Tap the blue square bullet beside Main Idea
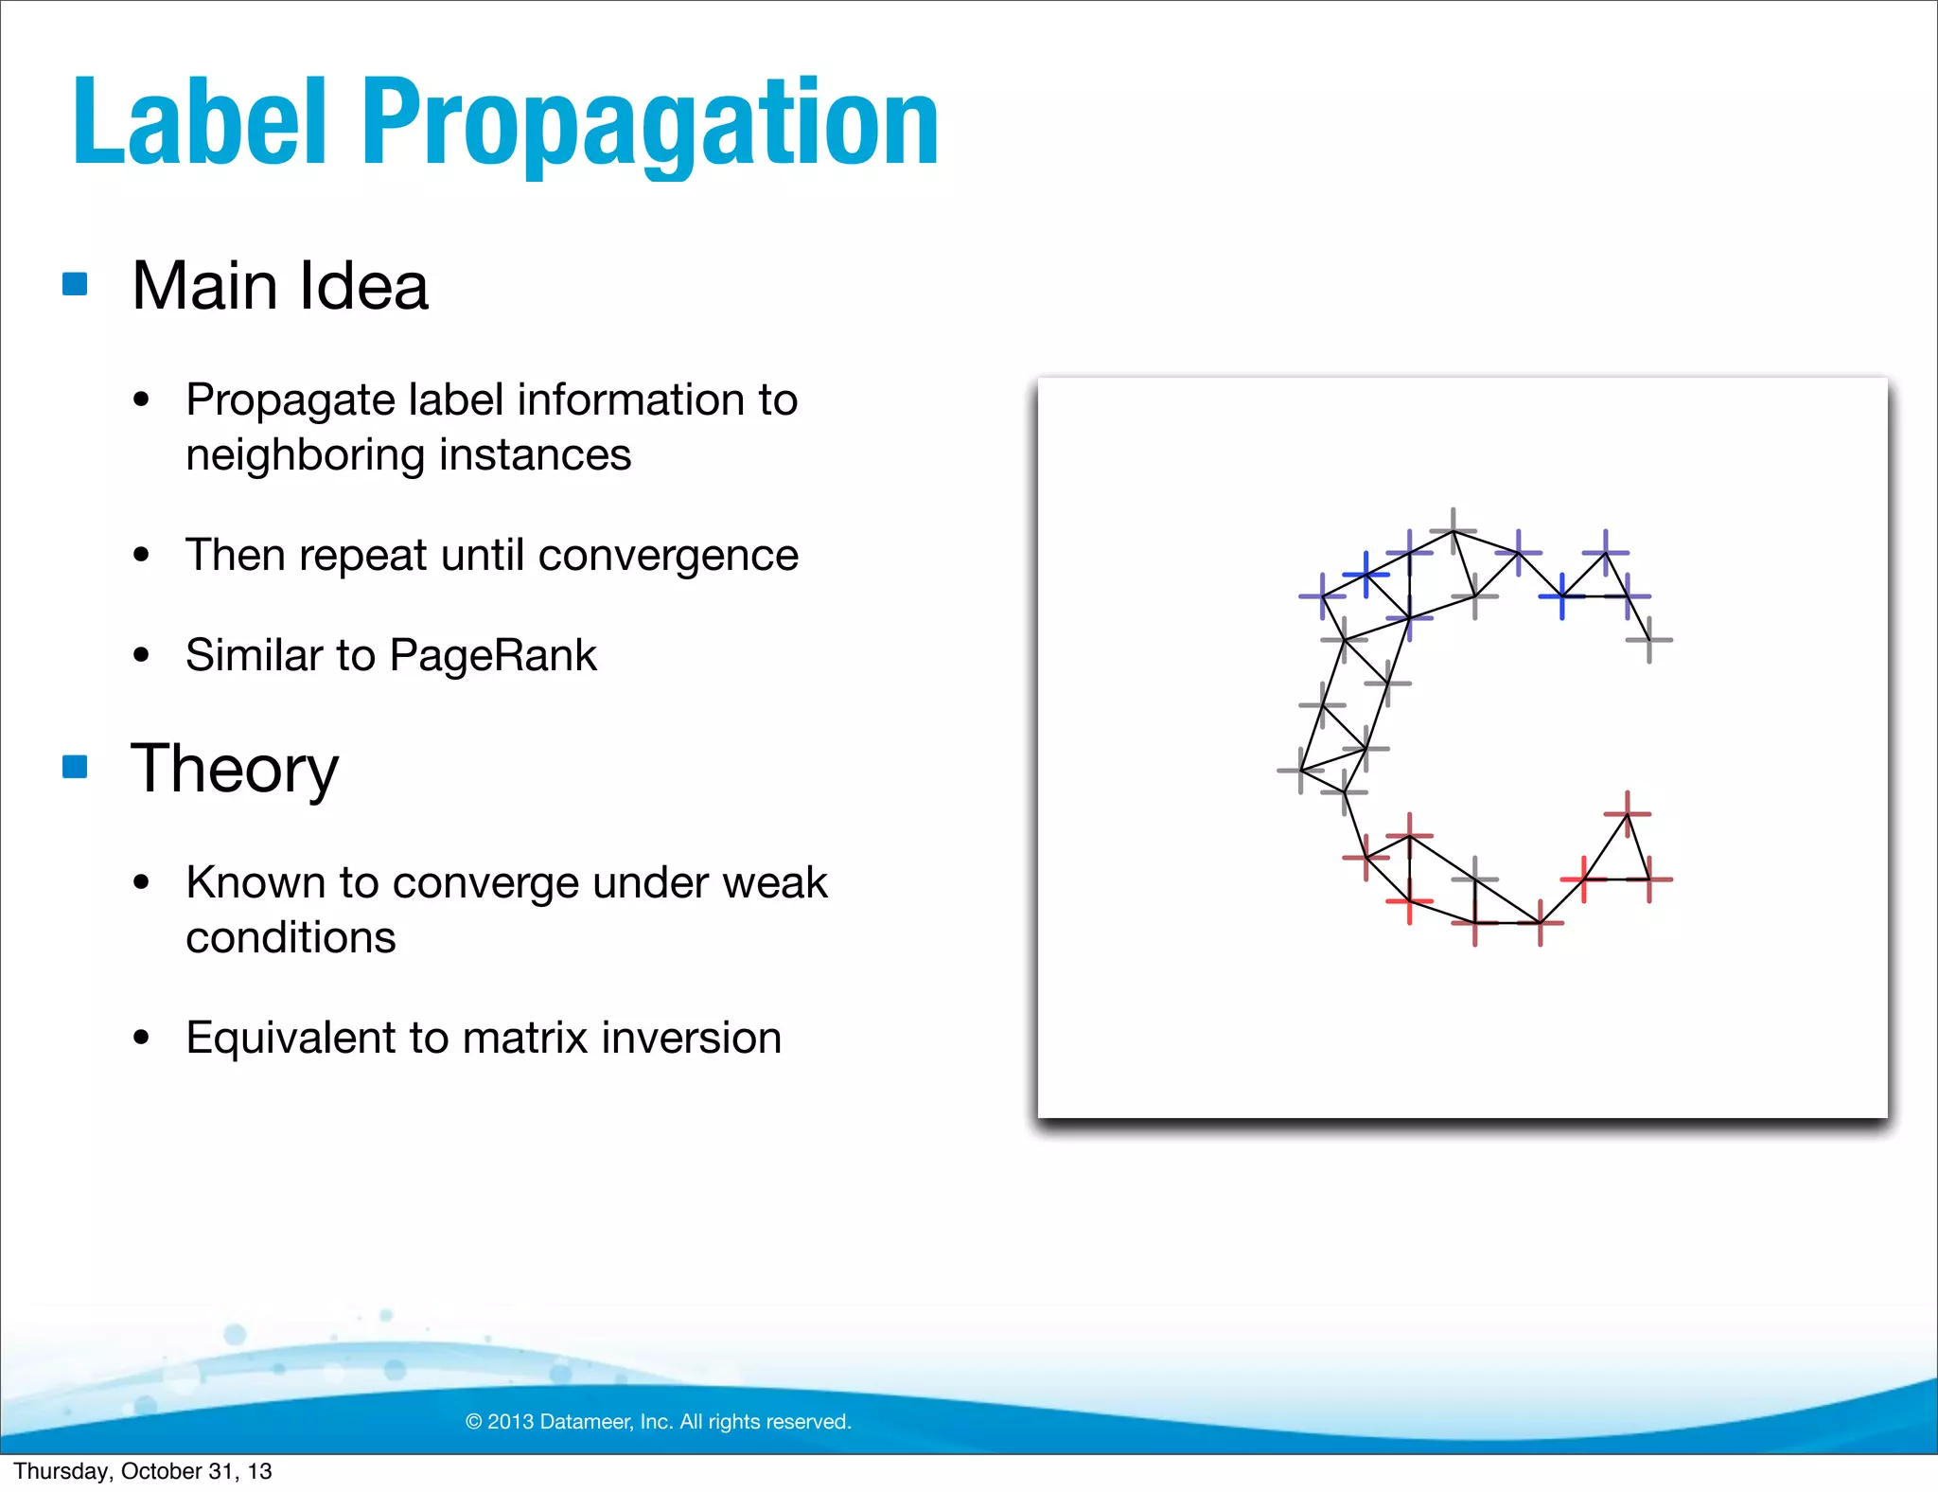75,284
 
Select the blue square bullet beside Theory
75,766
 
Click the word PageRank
492,655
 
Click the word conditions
291,937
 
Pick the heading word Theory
234,769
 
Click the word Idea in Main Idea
363,286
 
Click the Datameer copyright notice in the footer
659,1421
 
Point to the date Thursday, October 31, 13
143,1471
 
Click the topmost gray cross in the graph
1453,531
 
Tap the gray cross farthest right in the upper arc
1649,640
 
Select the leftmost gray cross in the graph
1301,771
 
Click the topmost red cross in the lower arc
1628,813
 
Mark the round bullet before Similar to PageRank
142,655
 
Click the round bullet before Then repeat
142,555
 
